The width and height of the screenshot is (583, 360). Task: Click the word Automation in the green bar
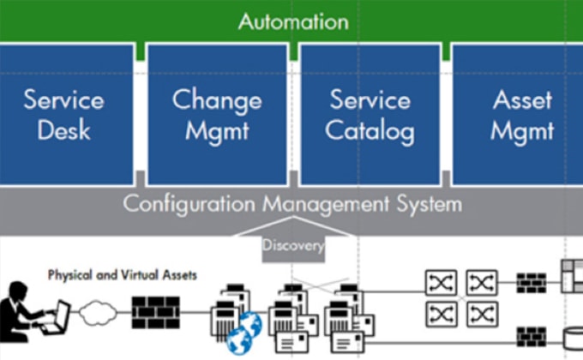coord(293,21)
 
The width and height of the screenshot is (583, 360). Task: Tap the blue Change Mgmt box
coord(217,114)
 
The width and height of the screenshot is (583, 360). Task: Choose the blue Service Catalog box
coord(370,114)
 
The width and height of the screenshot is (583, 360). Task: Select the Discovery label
coord(293,246)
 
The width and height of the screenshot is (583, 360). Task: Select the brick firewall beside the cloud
coord(154,312)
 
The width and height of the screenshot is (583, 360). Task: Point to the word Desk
coord(64,131)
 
